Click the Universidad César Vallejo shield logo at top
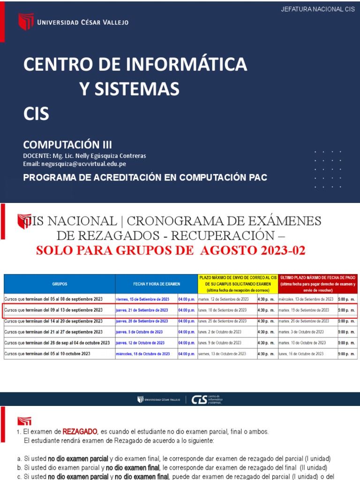click(26, 22)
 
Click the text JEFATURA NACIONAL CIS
click(317, 10)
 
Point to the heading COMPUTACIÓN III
click(67, 144)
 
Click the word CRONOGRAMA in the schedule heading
click(188, 220)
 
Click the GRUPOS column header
click(60, 284)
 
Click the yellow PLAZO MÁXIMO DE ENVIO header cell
click(238, 284)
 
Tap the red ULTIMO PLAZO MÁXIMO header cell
click(317, 284)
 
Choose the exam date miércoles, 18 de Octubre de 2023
click(143, 354)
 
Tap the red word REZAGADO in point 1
click(80, 431)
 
